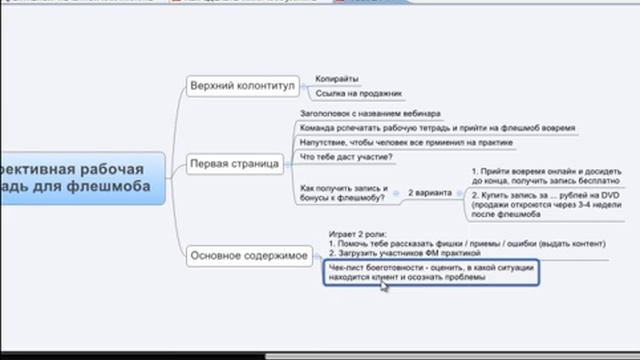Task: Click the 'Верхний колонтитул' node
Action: [x=242, y=86]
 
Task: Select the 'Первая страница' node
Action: [x=235, y=163]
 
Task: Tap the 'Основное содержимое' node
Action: [x=249, y=256]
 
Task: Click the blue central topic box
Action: [x=80, y=177]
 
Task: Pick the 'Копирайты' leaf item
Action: [x=337, y=78]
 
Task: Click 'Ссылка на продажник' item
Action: [x=358, y=94]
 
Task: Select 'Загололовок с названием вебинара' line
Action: [x=370, y=114]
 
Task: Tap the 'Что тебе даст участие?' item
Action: [x=346, y=156]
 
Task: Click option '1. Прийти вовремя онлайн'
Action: [x=525, y=176]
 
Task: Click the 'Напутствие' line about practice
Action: [x=406, y=142]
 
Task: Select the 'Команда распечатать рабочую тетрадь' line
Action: [x=425, y=128]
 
